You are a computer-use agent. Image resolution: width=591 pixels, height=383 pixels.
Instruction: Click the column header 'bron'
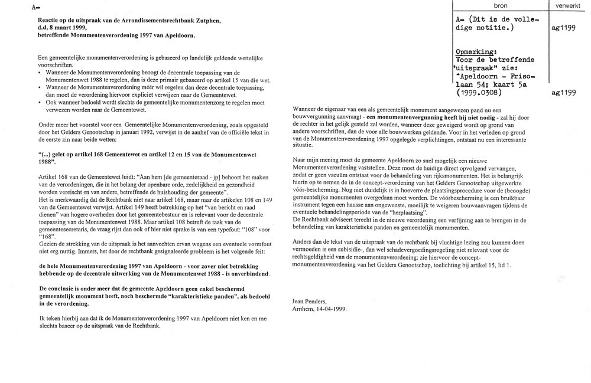[x=500, y=5]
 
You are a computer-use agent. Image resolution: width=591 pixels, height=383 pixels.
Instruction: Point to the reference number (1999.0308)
[x=479, y=93]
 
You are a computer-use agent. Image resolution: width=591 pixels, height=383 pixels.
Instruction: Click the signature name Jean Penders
[x=310, y=301]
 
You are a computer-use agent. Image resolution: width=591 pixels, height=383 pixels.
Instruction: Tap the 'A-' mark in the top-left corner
[x=35, y=7]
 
